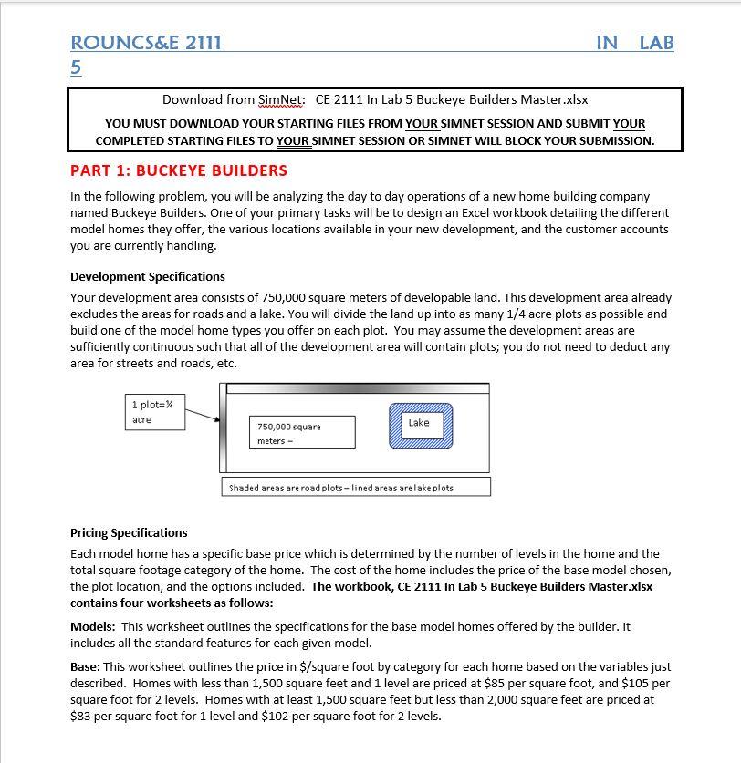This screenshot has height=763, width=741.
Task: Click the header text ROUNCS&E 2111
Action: pyautogui.click(x=146, y=42)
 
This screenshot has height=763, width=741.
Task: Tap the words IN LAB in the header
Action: pyautogui.click(x=634, y=42)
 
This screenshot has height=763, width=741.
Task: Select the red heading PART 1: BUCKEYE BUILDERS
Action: pyautogui.click(x=179, y=170)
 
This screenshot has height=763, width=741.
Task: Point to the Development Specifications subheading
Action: pyautogui.click(x=148, y=276)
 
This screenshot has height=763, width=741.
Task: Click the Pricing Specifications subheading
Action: pyautogui.click(x=129, y=532)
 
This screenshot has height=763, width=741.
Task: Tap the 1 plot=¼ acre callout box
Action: pyautogui.click(x=154, y=412)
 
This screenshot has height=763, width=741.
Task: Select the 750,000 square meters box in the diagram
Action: pyautogui.click(x=301, y=433)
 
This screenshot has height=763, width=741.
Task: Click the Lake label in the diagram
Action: pyautogui.click(x=419, y=423)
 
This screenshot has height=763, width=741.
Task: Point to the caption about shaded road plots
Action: pyautogui.click(x=355, y=488)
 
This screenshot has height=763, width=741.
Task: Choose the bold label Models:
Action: pyautogui.click(x=93, y=626)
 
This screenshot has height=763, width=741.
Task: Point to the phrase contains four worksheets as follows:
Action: pyautogui.click(x=172, y=603)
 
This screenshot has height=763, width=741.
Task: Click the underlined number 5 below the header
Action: pyautogui.click(x=76, y=67)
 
